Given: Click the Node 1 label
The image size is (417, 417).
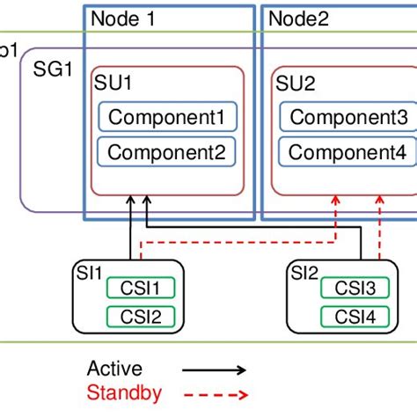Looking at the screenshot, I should coord(122,18).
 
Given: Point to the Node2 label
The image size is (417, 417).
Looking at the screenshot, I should coord(298,18).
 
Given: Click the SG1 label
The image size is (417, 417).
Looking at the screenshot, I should coord(52,69).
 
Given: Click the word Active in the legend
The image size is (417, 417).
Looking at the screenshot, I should coord(114,369).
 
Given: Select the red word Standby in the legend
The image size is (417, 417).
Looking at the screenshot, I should coord(121,394).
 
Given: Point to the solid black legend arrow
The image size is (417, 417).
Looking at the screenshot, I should coord(216,370).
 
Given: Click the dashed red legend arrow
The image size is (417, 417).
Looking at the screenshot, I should coord(216,396).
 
